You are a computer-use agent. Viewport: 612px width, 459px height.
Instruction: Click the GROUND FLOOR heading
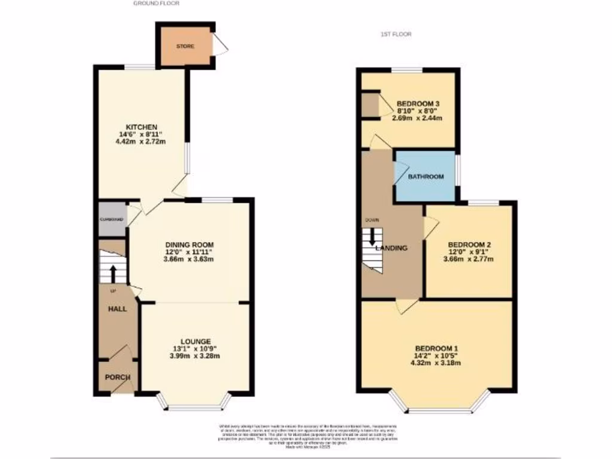[156, 4]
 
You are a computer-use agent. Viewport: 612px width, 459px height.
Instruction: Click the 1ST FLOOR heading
[395, 34]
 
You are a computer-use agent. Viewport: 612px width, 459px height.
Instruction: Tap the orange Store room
[185, 46]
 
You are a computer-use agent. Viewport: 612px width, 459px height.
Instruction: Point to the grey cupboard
[112, 219]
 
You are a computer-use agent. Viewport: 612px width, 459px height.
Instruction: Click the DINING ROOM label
[189, 245]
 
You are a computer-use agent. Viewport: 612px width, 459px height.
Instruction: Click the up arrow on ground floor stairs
[112, 273]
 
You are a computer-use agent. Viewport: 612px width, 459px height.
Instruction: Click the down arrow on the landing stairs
[372, 237]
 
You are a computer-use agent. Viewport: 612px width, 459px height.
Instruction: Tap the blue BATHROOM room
[426, 177]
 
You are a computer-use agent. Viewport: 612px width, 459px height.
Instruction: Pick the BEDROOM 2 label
[469, 245]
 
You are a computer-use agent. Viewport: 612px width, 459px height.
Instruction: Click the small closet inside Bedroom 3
[371, 104]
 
